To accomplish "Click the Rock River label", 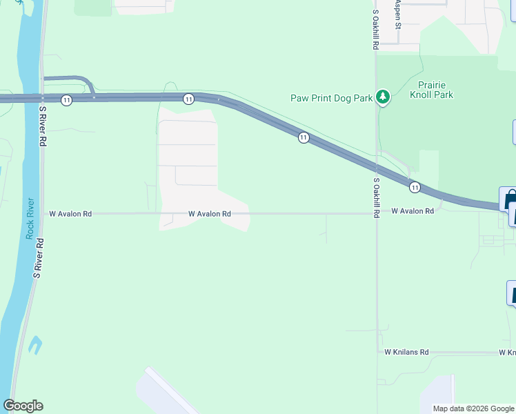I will point(30,218).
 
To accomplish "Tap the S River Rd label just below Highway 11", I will point(43,126).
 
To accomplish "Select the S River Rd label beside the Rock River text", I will point(39,258).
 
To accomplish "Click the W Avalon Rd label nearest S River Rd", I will point(70,214).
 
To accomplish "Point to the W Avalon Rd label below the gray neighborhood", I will point(209,214).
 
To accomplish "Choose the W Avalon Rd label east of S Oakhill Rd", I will point(413,210).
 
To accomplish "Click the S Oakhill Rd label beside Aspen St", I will point(376,29).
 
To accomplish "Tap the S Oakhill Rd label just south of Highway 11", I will point(377,198).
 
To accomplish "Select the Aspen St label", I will point(398,14).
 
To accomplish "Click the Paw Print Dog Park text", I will point(331,98).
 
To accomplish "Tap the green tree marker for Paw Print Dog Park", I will point(383,97).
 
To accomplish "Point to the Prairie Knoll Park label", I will point(431,90).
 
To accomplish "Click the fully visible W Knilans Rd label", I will point(406,352).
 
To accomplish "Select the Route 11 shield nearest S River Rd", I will point(66,100).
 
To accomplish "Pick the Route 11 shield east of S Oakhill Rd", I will point(414,187).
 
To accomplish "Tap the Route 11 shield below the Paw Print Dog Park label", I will point(303,138).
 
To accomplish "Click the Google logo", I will point(23,406).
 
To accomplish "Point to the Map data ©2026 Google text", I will point(473,408).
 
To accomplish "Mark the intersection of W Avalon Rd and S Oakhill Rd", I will point(376,213).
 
